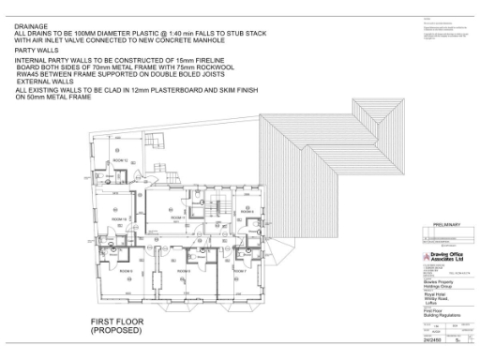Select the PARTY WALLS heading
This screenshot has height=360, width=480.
tap(35, 50)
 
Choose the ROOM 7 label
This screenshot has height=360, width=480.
tap(239, 270)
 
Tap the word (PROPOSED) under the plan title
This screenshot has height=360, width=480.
tap(116, 331)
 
